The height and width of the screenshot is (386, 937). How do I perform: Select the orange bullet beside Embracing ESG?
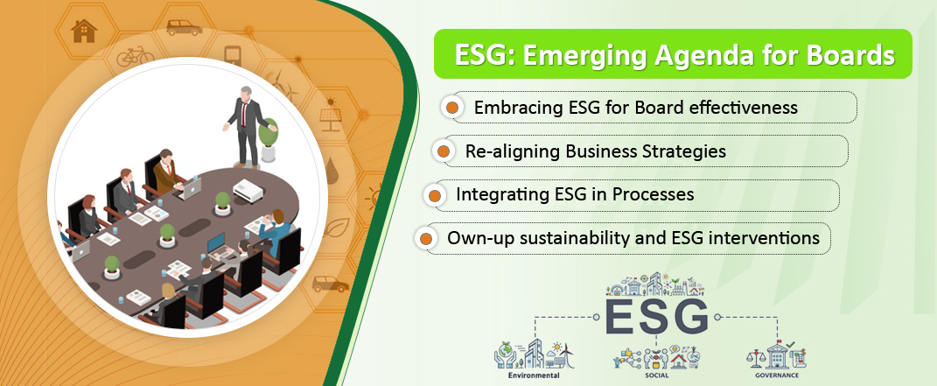coord(452,108)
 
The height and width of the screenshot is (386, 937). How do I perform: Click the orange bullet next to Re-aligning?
coord(443,151)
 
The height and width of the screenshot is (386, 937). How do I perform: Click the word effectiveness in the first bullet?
coord(738,108)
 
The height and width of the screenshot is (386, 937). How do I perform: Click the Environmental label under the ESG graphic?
coord(534,375)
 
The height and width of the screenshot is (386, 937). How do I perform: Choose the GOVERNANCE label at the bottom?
coord(776,375)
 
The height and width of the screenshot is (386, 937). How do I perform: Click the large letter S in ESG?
coord(656,317)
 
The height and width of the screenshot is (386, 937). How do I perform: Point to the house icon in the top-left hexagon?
coord(84,31)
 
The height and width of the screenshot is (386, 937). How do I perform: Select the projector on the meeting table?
coord(248,191)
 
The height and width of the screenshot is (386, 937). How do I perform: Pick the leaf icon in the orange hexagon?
coord(339,228)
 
